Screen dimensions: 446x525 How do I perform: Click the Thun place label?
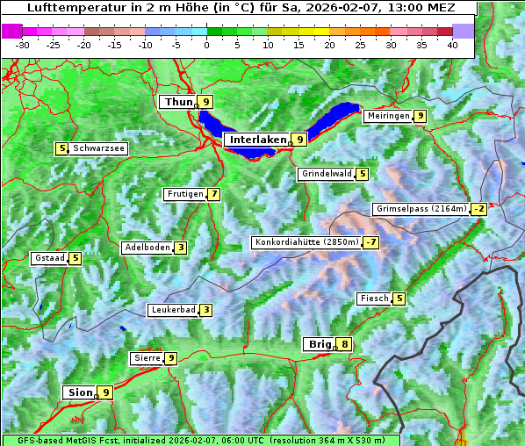pyautogui.click(x=178, y=103)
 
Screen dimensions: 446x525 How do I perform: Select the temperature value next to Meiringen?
pyautogui.click(x=421, y=116)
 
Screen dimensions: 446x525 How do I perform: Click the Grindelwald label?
pyautogui.click(x=327, y=174)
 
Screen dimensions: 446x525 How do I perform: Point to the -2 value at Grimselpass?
pyautogui.click(x=478, y=209)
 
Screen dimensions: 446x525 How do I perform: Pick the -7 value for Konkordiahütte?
pyautogui.click(x=372, y=242)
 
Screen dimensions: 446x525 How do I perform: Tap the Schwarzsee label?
pyautogui.click(x=99, y=148)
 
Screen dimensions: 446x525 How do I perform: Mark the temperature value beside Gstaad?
pyautogui.click(x=76, y=258)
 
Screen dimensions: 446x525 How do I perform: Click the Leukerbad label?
pyautogui.click(x=172, y=310)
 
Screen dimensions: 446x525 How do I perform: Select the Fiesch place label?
pyautogui.click(x=374, y=299)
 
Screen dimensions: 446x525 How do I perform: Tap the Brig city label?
pyautogui.click(x=318, y=344)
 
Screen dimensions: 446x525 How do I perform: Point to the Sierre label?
pyautogui.click(x=146, y=358)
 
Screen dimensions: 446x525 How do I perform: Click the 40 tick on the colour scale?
pyautogui.click(x=452, y=44)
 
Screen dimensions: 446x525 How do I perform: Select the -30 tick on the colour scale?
pyautogui.click(x=23, y=44)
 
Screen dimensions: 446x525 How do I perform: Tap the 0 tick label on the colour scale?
pyautogui.click(x=206, y=44)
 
